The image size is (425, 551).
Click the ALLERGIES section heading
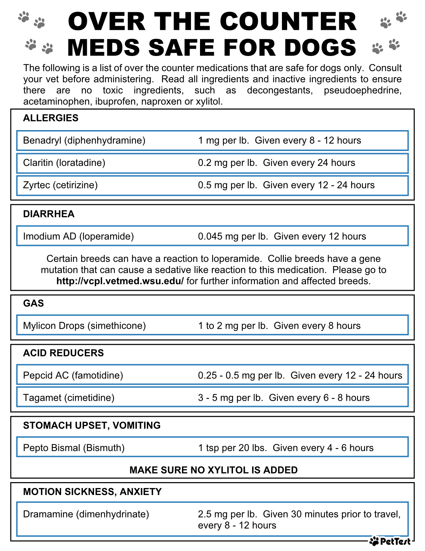point(51,118)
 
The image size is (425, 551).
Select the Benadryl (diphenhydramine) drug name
point(84,141)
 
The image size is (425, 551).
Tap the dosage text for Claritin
point(276,163)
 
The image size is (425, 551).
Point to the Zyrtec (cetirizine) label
point(60,185)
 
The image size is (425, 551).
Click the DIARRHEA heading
point(49,214)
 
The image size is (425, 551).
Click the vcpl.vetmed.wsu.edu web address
point(120,281)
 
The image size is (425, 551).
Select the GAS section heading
point(33,303)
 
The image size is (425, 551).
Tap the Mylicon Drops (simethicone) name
point(84,326)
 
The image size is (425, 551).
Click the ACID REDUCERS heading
point(63,353)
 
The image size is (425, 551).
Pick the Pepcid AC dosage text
point(300,376)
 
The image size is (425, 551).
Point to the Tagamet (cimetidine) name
point(68,398)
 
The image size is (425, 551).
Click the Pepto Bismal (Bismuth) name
point(74,448)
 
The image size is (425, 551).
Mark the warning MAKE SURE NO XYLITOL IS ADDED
point(213,470)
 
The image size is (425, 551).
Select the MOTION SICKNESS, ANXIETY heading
point(92,492)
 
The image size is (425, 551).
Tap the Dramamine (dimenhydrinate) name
point(86,514)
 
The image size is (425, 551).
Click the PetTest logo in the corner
point(390,541)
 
